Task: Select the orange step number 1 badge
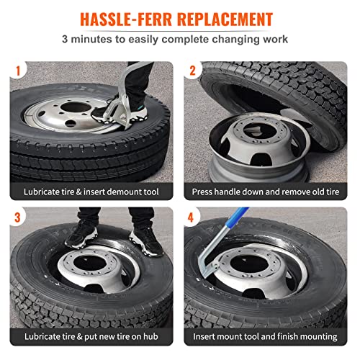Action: coord(18,71)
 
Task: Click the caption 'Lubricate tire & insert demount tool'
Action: coord(90,192)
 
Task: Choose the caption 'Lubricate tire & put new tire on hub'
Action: coord(90,337)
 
